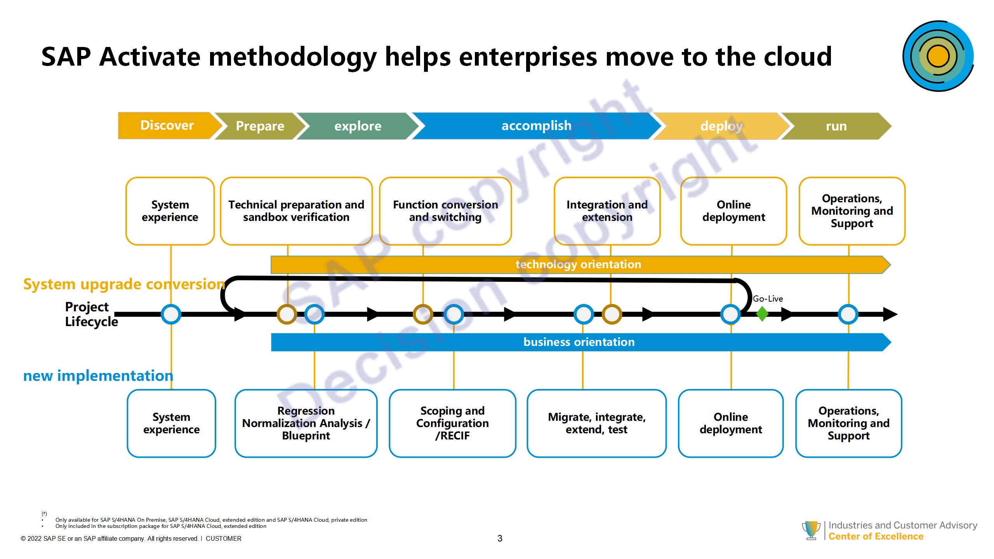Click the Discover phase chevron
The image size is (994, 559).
pyautogui.click(x=167, y=125)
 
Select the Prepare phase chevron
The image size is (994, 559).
pyautogui.click(x=260, y=126)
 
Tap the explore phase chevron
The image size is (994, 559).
pyautogui.click(x=358, y=126)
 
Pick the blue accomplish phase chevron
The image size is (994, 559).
pyautogui.click(x=536, y=126)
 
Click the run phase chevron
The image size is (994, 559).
pyautogui.click(x=836, y=126)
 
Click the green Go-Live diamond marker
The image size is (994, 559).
pyautogui.click(x=762, y=314)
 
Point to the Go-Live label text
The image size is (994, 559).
pyautogui.click(x=768, y=299)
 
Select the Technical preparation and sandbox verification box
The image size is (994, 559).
pyautogui.click(x=296, y=211)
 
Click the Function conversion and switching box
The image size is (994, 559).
pyautogui.click(x=445, y=211)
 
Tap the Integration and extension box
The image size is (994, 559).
pyautogui.click(x=607, y=211)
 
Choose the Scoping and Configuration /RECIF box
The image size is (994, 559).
pyautogui.click(x=452, y=423)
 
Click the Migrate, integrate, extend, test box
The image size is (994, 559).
pyautogui.click(x=596, y=423)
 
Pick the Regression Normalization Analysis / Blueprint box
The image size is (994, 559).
pyautogui.click(x=306, y=423)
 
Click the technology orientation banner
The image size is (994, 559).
pyautogui.click(x=579, y=265)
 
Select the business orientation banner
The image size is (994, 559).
pyautogui.click(x=579, y=342)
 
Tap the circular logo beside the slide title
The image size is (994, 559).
pyautogui.click(x=938, y=56)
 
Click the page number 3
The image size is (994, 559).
pyautogui.click(x=500, y=538)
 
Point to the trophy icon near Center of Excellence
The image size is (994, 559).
pyautogui.click(x=811, y=530)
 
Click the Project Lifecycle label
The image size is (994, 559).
pyautogui.click(x=91, y=314)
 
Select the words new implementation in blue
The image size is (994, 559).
pyautogui.click(x=98, y=376)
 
